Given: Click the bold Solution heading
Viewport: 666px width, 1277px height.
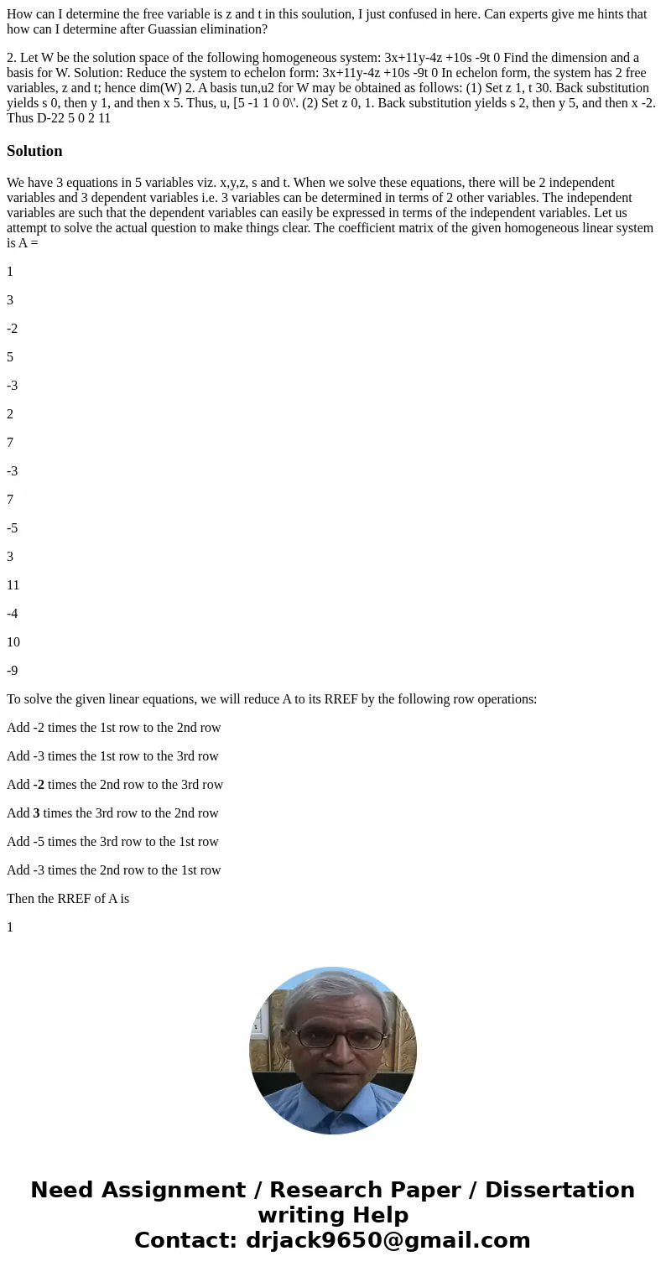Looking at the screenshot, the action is [34, 151].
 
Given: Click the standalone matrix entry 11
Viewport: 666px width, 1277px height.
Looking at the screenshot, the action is [13, 585].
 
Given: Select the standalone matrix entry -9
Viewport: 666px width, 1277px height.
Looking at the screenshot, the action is [12, 671].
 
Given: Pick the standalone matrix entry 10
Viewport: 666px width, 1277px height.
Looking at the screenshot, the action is [13, 642].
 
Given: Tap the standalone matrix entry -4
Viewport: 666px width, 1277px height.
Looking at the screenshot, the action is [12, 614].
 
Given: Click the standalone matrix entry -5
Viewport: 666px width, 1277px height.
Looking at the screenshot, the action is [12, 528].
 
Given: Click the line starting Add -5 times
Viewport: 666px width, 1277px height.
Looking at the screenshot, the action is [112, 842].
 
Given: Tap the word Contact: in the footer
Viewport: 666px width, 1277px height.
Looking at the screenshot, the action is [185, 1240].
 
